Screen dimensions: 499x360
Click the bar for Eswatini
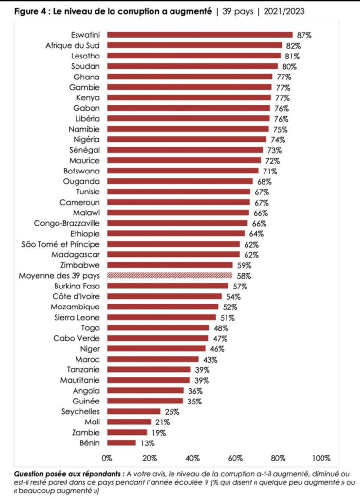[200, 35]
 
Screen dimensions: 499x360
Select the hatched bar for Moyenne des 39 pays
[170, 275]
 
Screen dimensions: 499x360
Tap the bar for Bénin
[121, 443]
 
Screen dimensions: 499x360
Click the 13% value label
[146, 443]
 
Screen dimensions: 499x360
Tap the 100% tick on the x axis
[321, 458]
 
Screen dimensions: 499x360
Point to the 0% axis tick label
[107, 458]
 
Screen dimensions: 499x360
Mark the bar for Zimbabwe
[170, 265]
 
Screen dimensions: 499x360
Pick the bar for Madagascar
[173, 254]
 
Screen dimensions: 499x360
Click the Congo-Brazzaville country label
[66, 223]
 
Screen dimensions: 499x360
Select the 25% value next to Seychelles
[172, 412]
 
